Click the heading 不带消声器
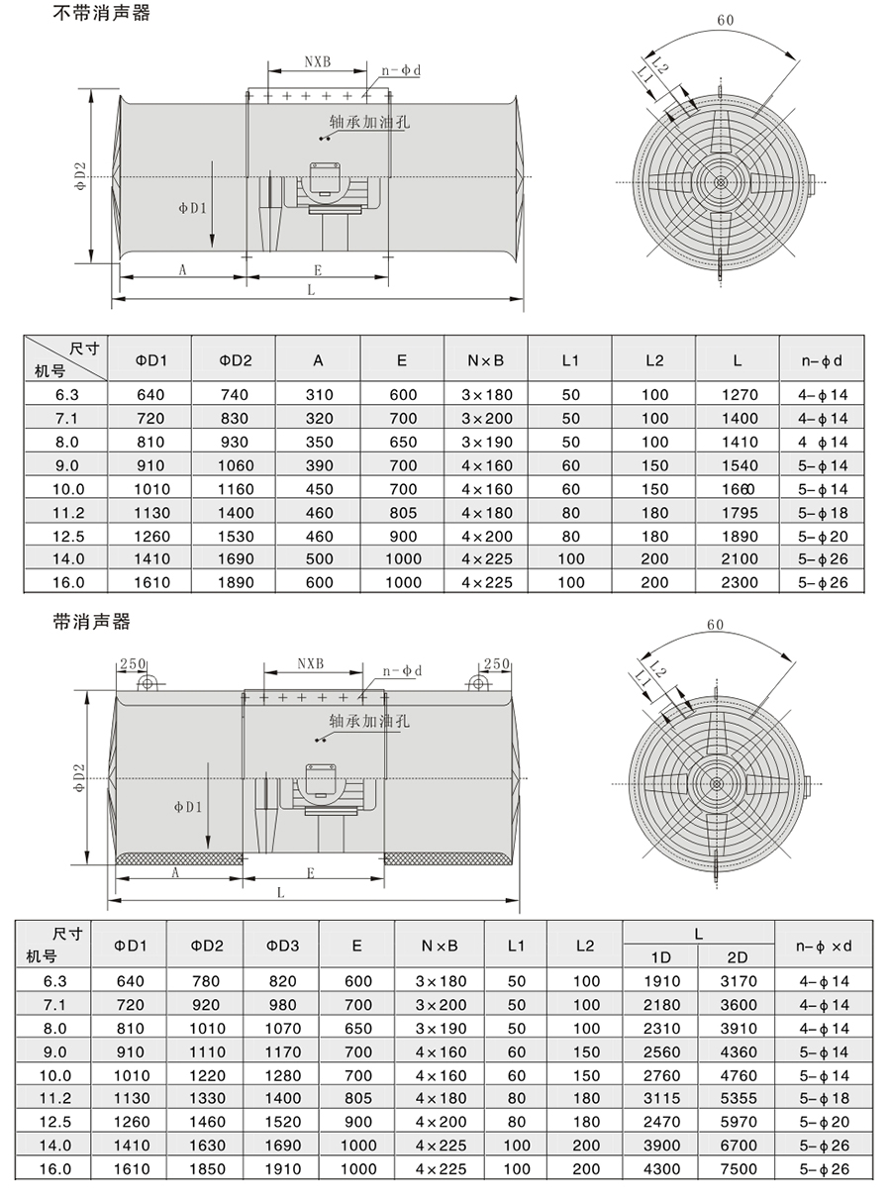[101, 15]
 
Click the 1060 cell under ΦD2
[236, 465]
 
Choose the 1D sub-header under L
[660, 957]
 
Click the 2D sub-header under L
[737, 957]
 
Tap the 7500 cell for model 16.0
[737, 1169]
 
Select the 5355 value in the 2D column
[737, 1098]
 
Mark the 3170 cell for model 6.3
[737, 981]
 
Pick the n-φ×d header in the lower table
[824, 946]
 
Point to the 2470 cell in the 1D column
[660, 1122]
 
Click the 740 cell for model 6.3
[236, 394]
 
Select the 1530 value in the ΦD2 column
[236, 536]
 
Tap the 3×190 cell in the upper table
[485, 442]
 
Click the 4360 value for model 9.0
[737, 1051]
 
